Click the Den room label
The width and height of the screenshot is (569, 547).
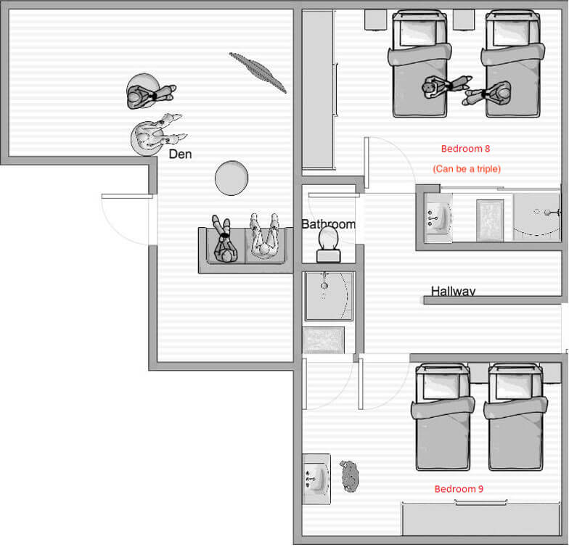[x=180, y=154]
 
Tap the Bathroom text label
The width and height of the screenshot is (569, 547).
[x=328, y=224]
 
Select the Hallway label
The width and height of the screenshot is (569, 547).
[x=453, y=292]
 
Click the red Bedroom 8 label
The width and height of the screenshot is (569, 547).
[x=466, y=149]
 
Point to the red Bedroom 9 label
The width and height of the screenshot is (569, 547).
[x=459, y=489]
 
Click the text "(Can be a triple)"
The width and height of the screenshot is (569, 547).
[x=467, y=169]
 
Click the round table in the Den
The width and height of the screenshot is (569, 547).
[x=232, y=178]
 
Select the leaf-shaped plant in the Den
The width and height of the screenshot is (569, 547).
[x=258, y=73]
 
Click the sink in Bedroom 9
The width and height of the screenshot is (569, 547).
[x=316, y=479]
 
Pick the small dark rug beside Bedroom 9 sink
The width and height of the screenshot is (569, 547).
[x=350, y=476]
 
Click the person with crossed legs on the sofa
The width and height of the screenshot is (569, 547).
[x=225, y=239]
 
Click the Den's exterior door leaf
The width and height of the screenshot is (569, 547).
[x=127, y=196]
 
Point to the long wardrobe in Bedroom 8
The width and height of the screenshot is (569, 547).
[x=318, y=89]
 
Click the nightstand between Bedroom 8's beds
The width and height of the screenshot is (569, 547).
[x=463, y=20]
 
